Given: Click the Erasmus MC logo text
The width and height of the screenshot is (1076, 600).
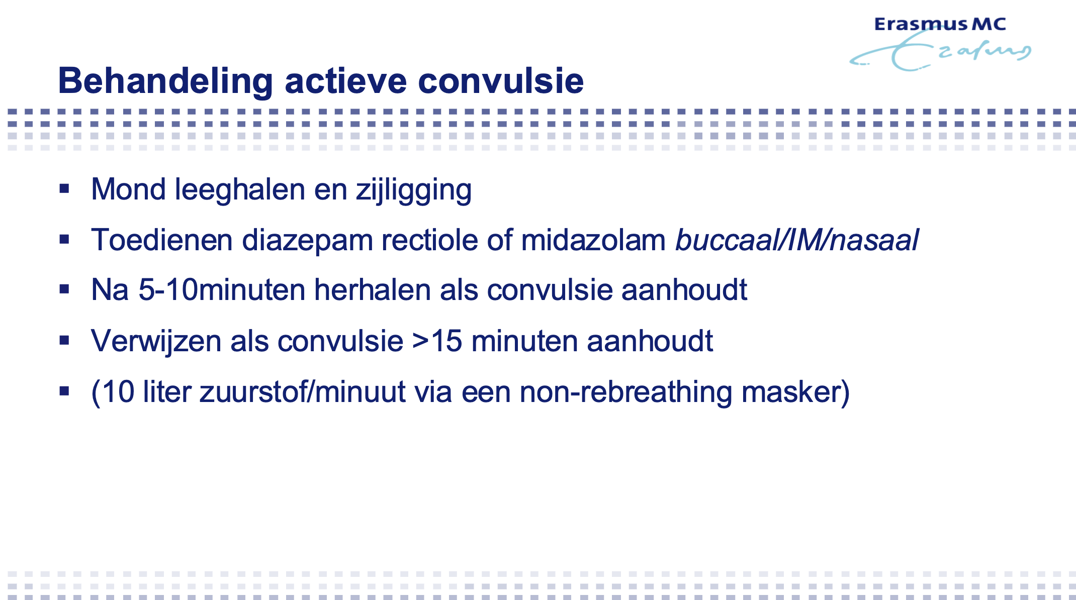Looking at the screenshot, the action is (940, 24).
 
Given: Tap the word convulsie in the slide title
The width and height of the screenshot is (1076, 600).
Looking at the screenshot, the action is (501, 81).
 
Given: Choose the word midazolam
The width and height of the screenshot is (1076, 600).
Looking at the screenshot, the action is (593, 240).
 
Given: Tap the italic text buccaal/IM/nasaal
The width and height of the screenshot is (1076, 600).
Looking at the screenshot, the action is (797, 240).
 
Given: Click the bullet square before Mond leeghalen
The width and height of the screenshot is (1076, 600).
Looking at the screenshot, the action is (64, 189).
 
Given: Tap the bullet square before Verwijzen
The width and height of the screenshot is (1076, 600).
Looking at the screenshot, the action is (64, 341).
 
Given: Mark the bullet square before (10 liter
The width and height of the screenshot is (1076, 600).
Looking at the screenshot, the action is (64, 391).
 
